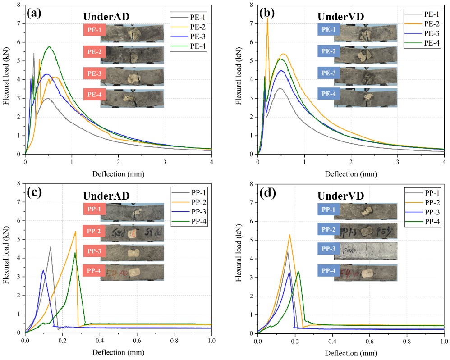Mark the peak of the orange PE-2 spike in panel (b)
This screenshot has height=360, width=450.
[x=267, y=18]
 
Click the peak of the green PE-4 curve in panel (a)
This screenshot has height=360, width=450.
[x=49, y=46]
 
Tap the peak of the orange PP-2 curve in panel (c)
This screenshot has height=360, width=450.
[x=75, y=231]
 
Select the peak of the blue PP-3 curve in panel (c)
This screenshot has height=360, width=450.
[x=43, y=270]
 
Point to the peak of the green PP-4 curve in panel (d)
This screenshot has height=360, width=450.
[x=298, y=271]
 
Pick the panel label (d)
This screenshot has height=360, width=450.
[x=267, y=192]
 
